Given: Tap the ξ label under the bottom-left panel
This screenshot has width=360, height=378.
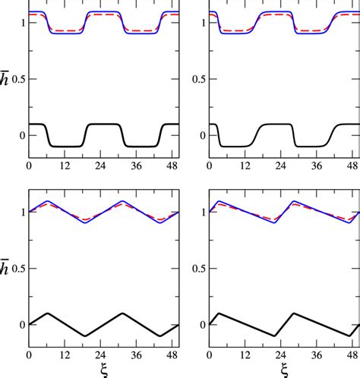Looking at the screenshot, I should (x=103, y=370).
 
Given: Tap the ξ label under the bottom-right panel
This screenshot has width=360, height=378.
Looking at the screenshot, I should (x=283, y=370).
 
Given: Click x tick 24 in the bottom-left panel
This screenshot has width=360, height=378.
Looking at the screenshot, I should (x=104, y=354).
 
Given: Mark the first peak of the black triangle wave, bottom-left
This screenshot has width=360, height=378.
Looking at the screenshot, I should (x=48, y=313).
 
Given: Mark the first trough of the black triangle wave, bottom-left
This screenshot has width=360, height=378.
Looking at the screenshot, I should (x=86, y=335).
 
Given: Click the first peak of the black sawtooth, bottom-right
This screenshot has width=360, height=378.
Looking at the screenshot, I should (x=219, y=313).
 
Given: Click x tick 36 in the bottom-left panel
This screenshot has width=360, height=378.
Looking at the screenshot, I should (x=141, y=354).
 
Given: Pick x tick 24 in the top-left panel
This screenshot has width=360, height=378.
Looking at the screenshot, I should (x=104, y=165).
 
